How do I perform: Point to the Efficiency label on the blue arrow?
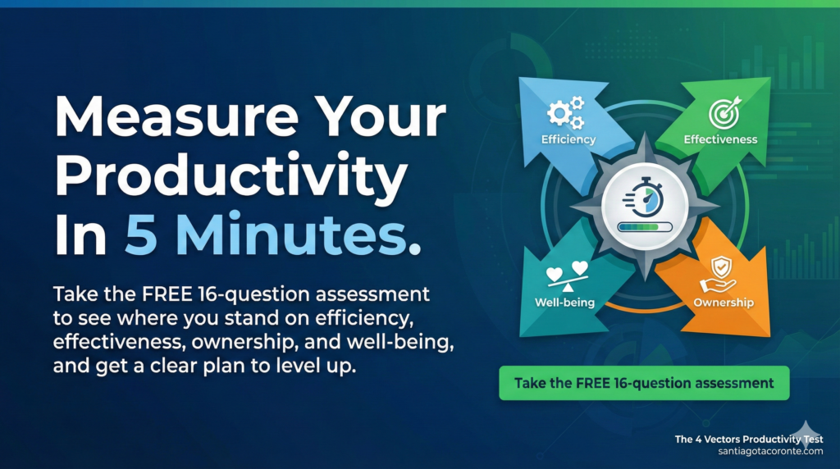point(568,139)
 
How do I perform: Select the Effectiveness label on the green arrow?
point(720,139)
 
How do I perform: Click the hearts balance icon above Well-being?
point(564,276)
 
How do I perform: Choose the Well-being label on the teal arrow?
point(564,303)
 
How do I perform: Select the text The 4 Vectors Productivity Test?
point(748,439)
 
